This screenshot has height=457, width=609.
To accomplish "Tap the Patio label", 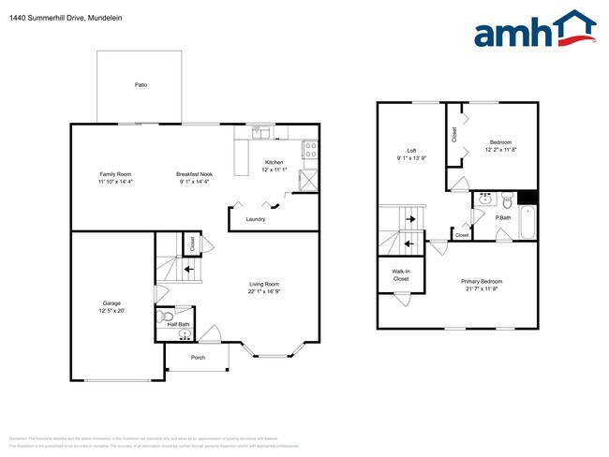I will click(141, 85).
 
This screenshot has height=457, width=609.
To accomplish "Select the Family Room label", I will click(116, 174).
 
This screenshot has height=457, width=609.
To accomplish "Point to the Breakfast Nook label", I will click(193, 174).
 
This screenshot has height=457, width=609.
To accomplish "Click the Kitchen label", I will click(274, 162).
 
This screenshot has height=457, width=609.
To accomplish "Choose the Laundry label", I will click(255, 219).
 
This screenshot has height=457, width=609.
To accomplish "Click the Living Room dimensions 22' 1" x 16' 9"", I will click(264, 292).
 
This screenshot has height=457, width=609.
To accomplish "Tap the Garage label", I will click(111, 303).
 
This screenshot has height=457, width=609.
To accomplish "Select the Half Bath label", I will click(178, 325).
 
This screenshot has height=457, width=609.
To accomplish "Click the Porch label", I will click(198, 358).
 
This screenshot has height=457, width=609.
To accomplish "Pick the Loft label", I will click(411, 150).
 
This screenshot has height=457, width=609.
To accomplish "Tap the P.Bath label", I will click(503, 218).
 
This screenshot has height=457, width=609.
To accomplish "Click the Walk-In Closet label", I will click(400, 275).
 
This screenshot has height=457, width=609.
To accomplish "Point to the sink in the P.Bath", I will click(485, 199).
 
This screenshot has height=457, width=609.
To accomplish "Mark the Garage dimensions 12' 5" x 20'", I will click(111, 311).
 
